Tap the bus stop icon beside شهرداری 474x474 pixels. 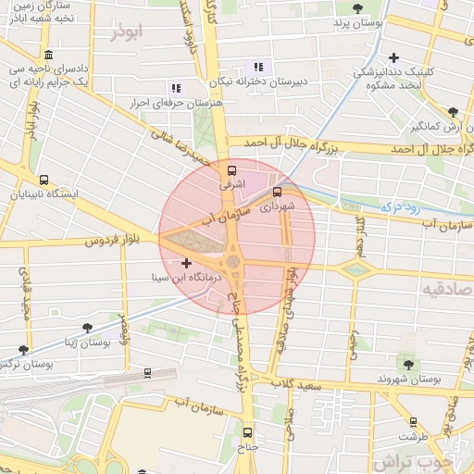click(277, 193)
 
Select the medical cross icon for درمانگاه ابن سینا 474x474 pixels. click(187, 264)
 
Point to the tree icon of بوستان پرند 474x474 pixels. click(356, 7)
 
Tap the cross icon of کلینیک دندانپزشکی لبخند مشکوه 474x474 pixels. click(395, 57)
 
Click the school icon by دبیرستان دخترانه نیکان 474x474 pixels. click(257, 67)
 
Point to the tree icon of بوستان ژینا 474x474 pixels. click(87, 328)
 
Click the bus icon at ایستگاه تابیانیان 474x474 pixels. click(44, 180)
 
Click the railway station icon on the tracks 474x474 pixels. click(147, 373)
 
